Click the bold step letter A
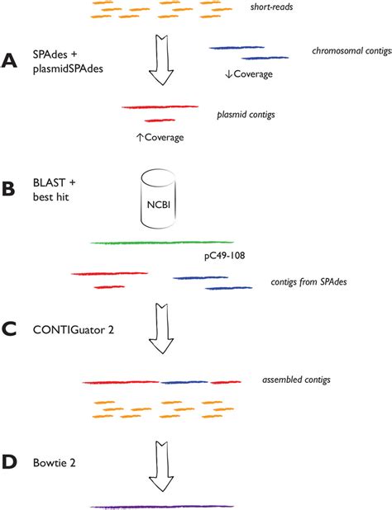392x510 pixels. point(11,63)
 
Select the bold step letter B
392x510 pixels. point(11,188)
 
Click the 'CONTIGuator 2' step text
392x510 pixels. point(74,328)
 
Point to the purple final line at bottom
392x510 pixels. point(161,506)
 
